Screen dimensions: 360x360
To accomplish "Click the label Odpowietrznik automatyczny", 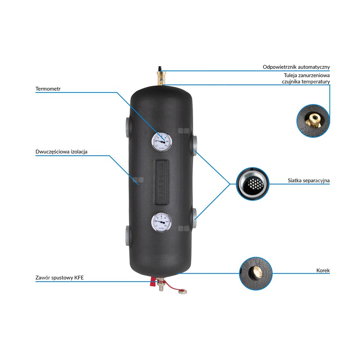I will [296, 67].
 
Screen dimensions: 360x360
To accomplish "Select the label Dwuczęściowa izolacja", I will [61, 152].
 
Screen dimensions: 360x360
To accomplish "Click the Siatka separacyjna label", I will [309, 180].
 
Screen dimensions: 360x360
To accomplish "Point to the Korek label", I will [323, 270].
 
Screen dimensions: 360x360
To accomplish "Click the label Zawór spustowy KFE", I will [60, 278].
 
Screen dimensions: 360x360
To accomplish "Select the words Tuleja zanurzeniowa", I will [307, 76].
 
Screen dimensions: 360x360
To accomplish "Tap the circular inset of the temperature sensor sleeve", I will [312, 121].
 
